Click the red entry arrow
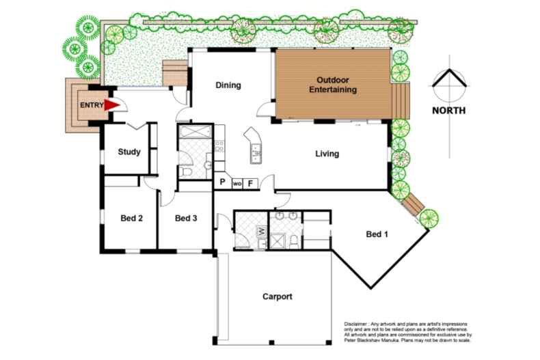tap(111, 105)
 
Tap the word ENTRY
tap(92, 105)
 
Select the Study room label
tap(129, 152)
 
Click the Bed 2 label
tap(131, 219)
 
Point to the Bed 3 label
tap(186, 219)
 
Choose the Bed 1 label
tap(377, 235)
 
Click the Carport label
tap(278, 297)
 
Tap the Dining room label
tap(228, 85)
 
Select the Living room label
tap(327, 154)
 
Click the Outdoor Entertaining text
tap(333, 85)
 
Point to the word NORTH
tap(449, 110)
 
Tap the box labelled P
tap(223, 183)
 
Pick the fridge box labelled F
tap(251, 183)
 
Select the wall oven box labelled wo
tap(237, 184)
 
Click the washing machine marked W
tap(260, 232)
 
